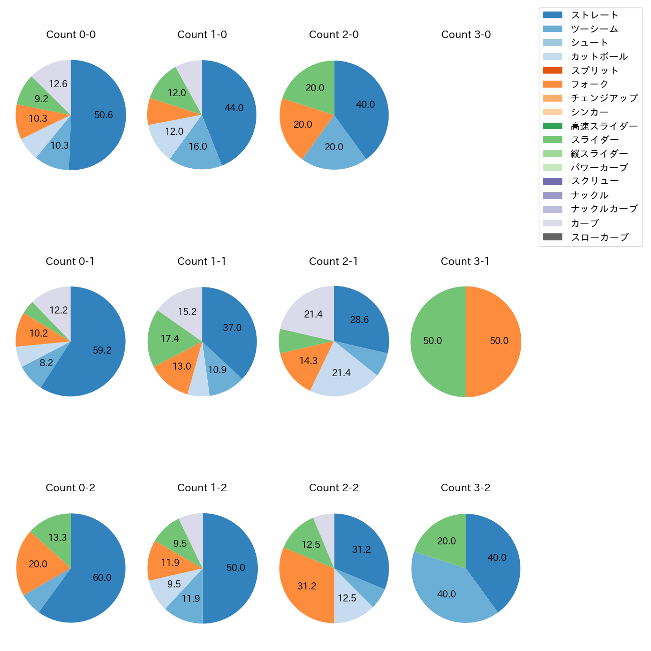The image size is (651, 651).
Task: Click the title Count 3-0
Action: pyautogui.click(x=466, y=35)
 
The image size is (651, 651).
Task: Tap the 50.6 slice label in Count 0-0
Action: pyautogui.click(x=104, y=115)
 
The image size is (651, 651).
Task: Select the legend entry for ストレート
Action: pyautogui.click(x=594, y=15)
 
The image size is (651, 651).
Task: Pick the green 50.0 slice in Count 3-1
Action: pyautogui.click(x=436, y=342)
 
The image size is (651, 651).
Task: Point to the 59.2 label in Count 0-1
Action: pyautogui.click(x=102, y=351)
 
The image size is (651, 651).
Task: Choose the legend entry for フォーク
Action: pyautogui.click(x=589, y=84)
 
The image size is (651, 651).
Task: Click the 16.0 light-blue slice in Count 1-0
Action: pyautogui.click(x=197, y=147)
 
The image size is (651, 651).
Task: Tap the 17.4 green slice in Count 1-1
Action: pyautogui.click(x=170, y=339)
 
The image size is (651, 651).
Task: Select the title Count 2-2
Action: pyautogui.click(x=334, y=488)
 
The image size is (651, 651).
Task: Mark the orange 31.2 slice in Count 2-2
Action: pyautogui.click(x=306, y=586)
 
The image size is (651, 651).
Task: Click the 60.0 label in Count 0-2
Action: pyautogui.click(x=102, y=578)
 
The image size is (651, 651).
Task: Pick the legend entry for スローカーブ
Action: pyautogui.click(x=599, y=237)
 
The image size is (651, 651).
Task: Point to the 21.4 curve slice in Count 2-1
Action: pyautogui.click(x=313, y=314)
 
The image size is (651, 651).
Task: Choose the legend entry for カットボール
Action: pyautogui.click(x=599, y=57)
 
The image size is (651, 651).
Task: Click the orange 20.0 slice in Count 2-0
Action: pyautogui.click(x=302, y=125)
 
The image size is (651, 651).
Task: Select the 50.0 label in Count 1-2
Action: pyautogui.click(x=236, y=568)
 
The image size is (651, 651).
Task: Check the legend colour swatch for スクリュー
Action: pyautogui.click(x=552, y=181)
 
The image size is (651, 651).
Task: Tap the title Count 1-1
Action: pyautogui.click(x=202, y=261)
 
